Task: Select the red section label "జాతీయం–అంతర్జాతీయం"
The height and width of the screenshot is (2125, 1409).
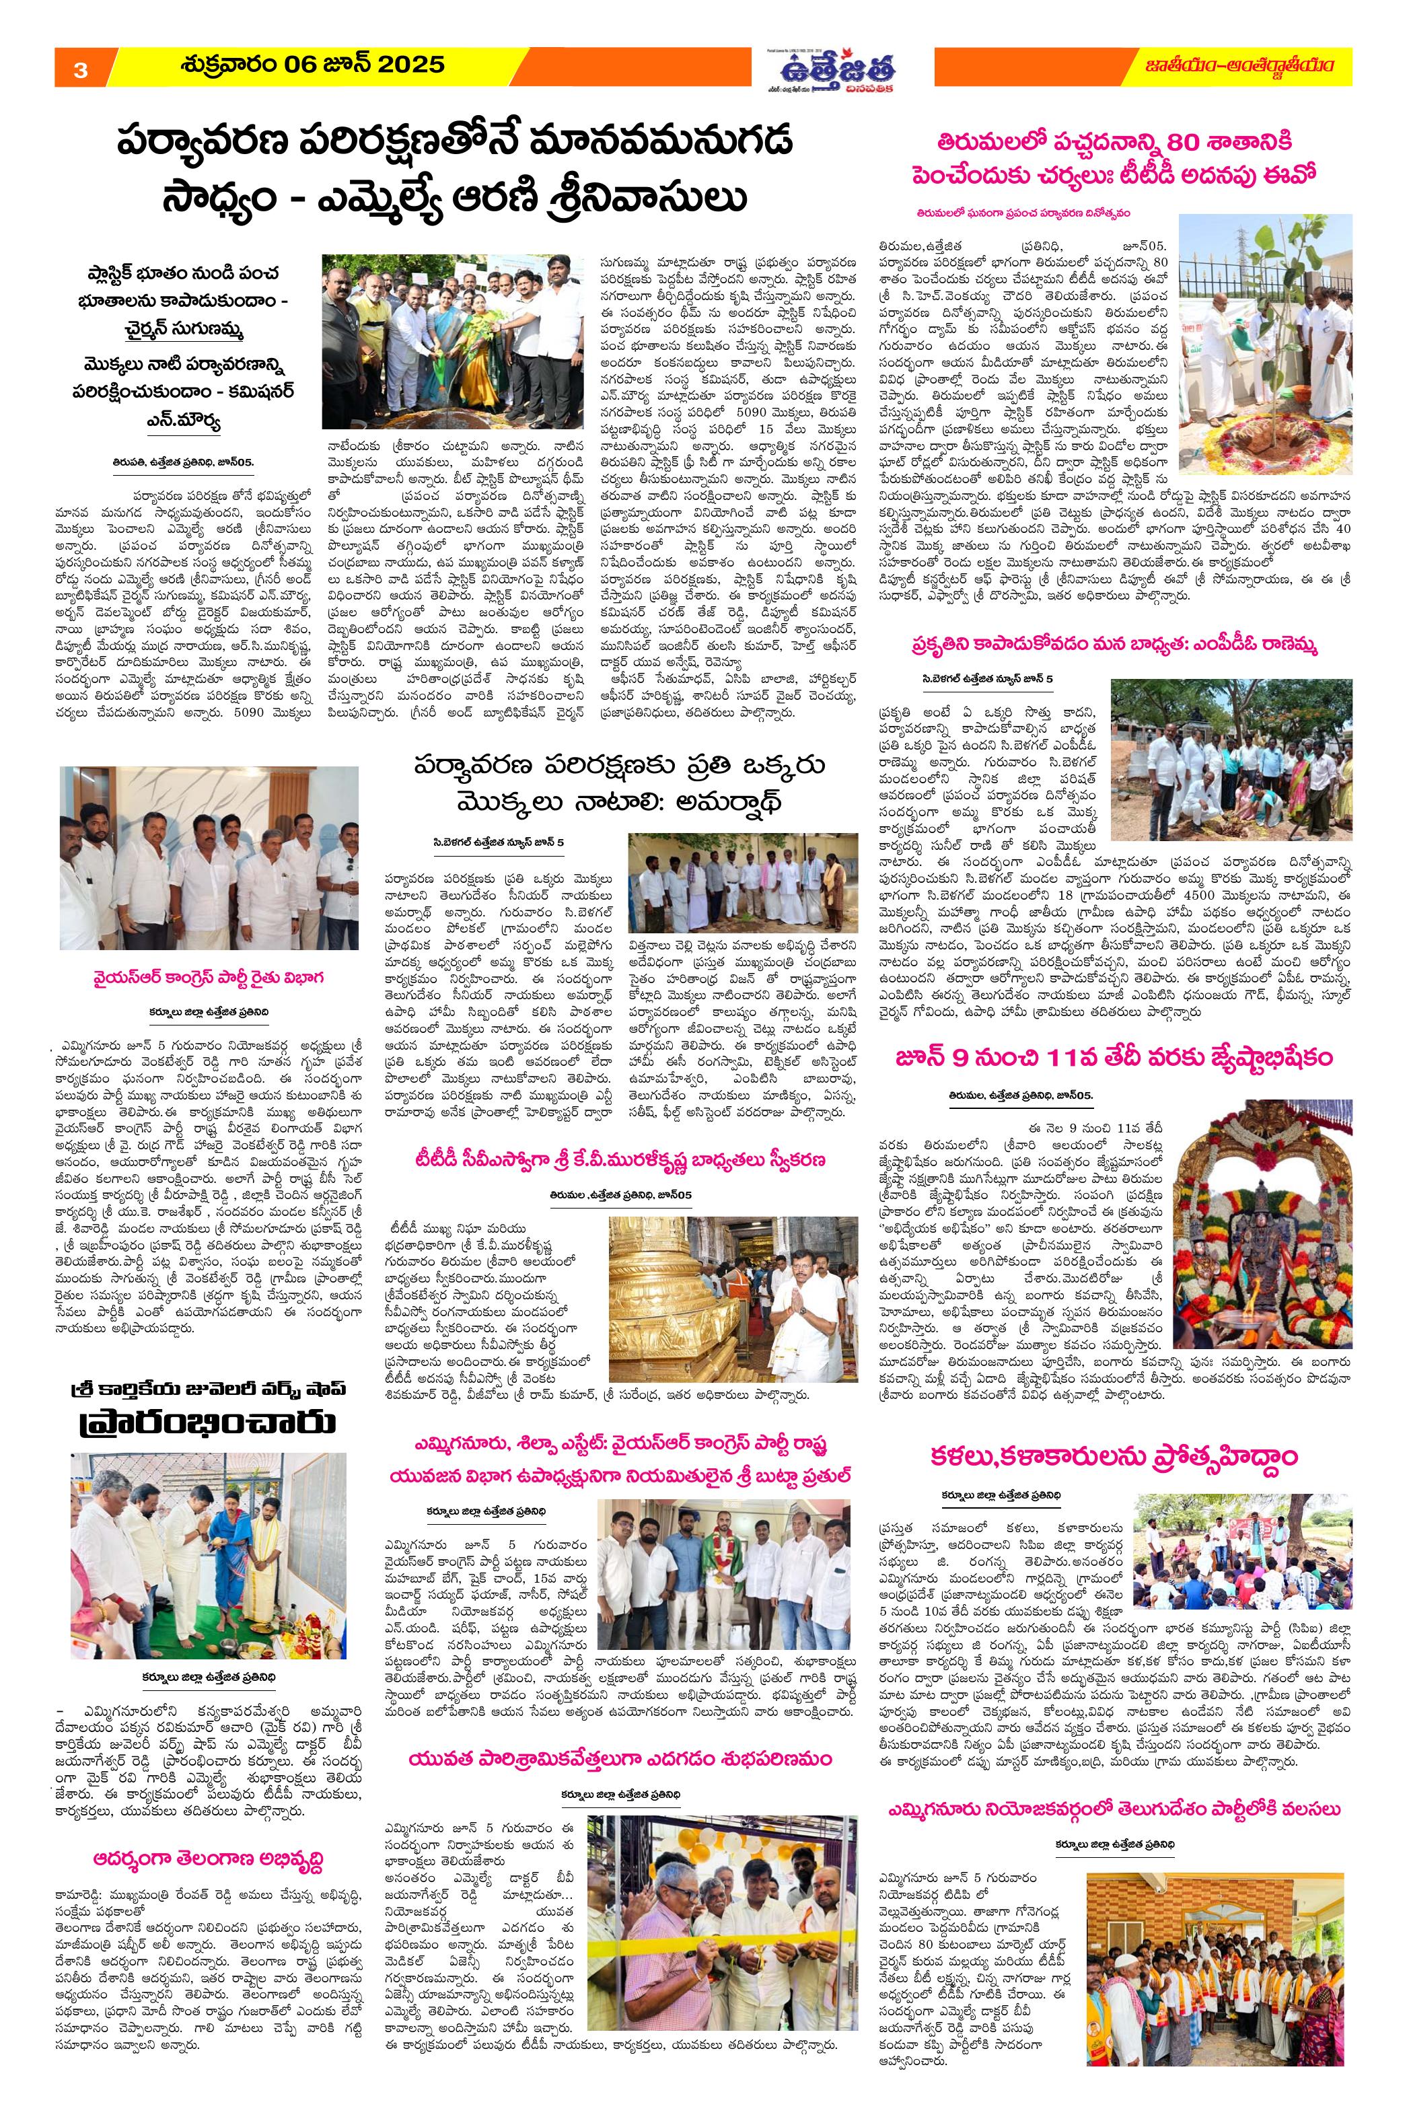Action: point(1242,67)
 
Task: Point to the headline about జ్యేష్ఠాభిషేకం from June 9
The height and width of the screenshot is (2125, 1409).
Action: point(1115,1058)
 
